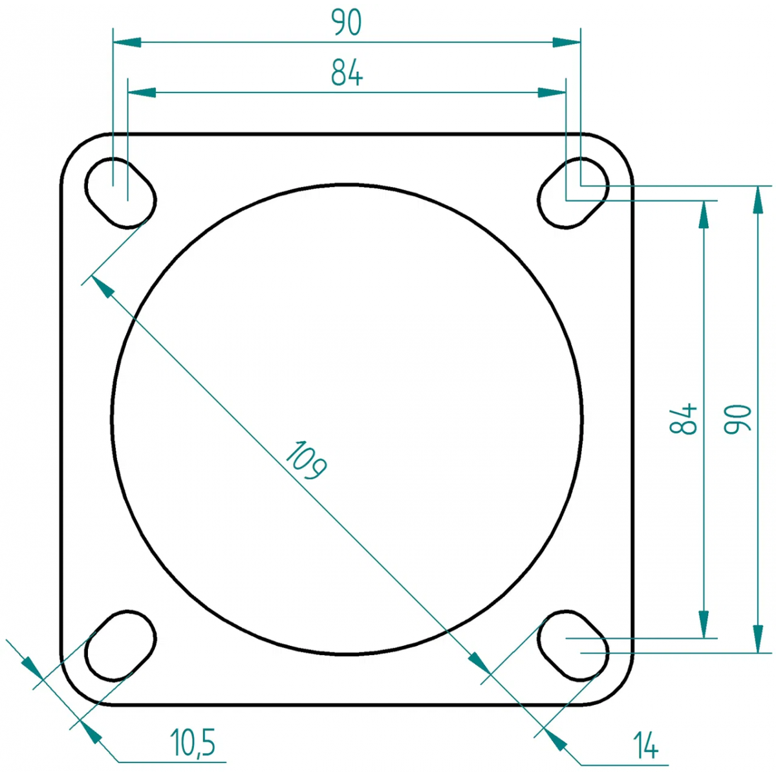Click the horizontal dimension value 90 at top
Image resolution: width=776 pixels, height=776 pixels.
coord(347,23)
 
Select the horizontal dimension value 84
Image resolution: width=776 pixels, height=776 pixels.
coord(347,73)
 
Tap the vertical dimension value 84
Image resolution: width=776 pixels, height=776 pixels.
coord(683,418)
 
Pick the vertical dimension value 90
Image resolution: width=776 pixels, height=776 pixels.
coord(738,419)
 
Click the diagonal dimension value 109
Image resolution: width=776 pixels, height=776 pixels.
coord(306,460)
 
